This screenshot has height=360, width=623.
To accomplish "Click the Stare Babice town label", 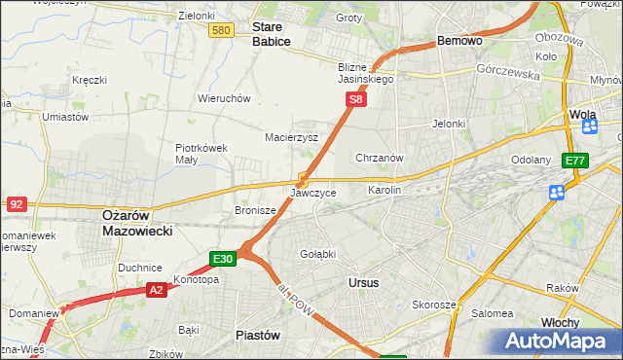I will (x=272, y=34).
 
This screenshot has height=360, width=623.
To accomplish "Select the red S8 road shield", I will (x=356, y=99).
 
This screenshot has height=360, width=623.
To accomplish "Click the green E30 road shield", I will (x=222, y=259).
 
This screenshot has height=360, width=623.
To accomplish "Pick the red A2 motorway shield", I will (x=157, y=289).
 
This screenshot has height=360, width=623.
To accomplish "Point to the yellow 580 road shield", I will (x=221, y=31).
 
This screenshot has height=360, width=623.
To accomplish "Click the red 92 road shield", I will (x=17, y=204).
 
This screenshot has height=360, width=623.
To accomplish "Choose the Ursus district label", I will (x=362, y=282).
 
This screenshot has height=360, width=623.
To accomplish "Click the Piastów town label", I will (x=258, y=335).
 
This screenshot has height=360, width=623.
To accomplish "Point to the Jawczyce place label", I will (x=313, y=193).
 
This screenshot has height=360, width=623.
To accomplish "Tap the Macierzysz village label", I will (x=292, y=137).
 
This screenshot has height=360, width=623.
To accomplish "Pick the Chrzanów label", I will (x=380, y=157).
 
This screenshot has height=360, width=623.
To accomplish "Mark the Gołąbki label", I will (x=317, y=254).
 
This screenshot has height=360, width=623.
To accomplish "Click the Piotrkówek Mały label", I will (x=202, y=154).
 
